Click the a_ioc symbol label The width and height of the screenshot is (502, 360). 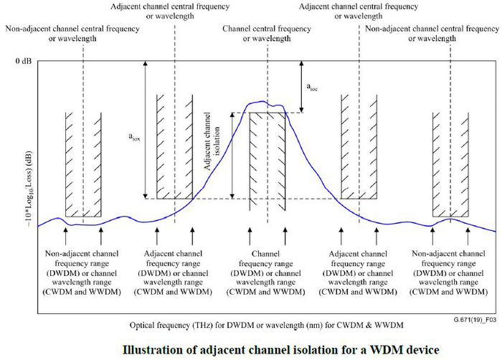coord(313,87)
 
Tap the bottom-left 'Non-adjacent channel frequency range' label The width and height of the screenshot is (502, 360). coord(82,273)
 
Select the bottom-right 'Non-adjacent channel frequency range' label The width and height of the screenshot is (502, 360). coord(450,273)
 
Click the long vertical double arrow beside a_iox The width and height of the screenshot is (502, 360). coord(145,130)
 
